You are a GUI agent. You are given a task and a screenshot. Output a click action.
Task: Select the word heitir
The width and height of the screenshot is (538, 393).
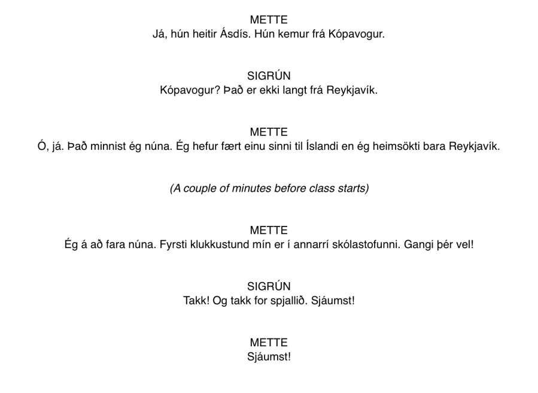(202, 34)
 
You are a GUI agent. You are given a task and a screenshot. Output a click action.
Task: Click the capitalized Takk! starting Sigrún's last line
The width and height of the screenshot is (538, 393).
(196, 301)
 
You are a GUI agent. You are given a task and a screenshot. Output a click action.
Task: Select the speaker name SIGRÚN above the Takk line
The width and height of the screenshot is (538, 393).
(269, 286)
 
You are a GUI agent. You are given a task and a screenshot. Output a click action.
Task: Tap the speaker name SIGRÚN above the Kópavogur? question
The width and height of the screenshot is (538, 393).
(269, 76)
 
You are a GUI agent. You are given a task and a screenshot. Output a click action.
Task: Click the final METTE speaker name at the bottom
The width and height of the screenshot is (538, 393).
(269, 343)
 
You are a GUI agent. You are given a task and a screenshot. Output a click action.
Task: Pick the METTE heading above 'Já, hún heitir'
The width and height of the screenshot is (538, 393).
(269, 20)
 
